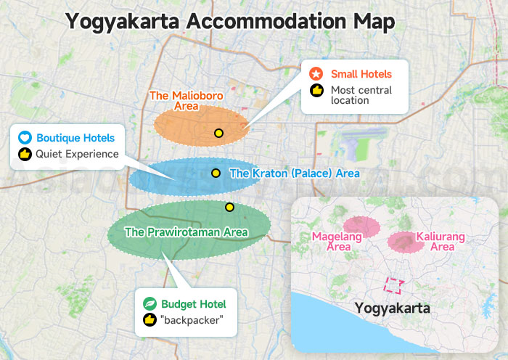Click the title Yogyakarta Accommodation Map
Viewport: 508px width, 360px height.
(230, 21)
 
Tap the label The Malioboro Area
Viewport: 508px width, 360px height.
(187, 101)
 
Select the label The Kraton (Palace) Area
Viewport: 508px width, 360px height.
(294, 174)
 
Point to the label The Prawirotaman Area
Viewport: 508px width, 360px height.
(187, 233)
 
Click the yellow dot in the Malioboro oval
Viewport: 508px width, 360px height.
(218, 133)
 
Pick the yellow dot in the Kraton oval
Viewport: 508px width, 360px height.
(216, 173)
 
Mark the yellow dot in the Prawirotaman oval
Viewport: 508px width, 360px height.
(229, 207)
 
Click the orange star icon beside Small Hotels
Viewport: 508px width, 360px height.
(316, 74)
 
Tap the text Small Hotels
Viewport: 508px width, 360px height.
(361, 74)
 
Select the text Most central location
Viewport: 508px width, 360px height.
(361, 95)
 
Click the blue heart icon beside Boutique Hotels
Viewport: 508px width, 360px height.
(24, 137)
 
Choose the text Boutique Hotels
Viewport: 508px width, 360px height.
(75, 137)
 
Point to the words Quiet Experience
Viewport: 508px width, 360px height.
(77, 154)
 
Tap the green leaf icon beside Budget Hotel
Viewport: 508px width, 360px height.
(150, 303)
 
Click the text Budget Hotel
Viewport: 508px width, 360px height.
(194, 303)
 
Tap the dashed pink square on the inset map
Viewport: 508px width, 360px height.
(394, 286)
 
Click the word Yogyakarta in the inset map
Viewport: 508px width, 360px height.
(392, 308)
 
